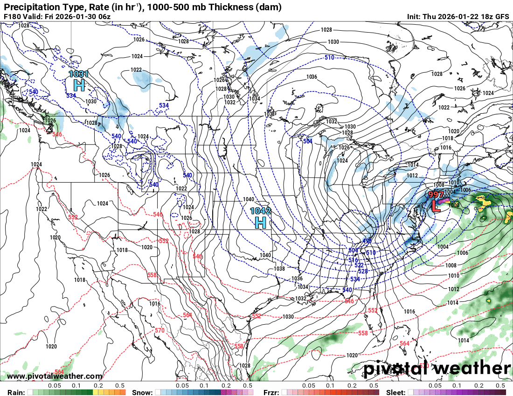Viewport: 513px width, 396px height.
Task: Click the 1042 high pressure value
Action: [261, 211]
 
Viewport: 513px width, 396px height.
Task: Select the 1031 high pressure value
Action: [78, 74]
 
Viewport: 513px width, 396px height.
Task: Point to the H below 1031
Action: [79, 85]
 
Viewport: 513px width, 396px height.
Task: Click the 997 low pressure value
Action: [436, 195]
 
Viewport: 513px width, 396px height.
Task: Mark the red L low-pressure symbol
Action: [436, 205]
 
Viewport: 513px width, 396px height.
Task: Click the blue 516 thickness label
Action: [353, 260]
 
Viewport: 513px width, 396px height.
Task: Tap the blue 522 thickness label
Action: [359, 265]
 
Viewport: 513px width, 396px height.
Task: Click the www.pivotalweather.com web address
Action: [55, 376]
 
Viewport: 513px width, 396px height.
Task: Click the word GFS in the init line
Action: [502, 16]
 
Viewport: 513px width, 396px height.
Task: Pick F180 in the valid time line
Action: [12, 16]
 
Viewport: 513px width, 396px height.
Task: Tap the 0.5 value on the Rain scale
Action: [120, 386]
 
